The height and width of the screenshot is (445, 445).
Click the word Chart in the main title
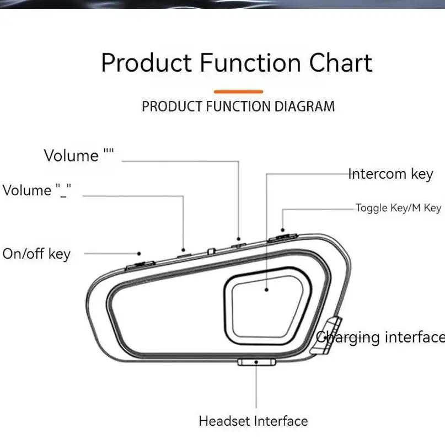(340, 63)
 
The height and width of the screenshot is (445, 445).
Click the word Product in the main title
(146, 63)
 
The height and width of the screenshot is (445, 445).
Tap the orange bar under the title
(238, 92)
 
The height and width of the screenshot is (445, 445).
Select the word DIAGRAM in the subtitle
(305, 106)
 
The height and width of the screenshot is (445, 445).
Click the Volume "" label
(79, 155)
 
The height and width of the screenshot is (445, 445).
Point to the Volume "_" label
(37, 191)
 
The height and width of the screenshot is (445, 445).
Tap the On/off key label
(36, 254)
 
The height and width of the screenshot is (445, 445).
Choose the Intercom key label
(390, 174)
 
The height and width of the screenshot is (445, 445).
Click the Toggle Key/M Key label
(398, 208)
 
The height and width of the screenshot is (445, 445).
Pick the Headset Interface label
(253, 421)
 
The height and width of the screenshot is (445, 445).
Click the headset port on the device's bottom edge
(256, 362)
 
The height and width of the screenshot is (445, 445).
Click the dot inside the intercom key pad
(267, 288)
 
